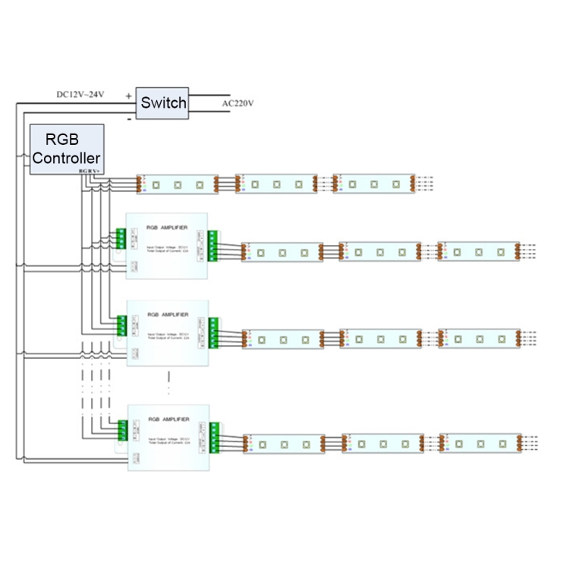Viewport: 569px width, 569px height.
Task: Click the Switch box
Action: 163,103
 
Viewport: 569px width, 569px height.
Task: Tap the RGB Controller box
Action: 66,149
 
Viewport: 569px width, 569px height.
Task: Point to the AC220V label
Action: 238,103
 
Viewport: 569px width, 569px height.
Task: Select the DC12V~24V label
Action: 80,95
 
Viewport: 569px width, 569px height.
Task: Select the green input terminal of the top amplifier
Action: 121,240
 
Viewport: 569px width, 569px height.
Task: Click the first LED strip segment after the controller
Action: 178,184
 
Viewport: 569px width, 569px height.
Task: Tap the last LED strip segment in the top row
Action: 374,184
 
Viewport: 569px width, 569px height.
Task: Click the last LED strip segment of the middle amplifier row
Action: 479,338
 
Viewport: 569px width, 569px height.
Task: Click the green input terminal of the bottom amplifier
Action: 122,430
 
